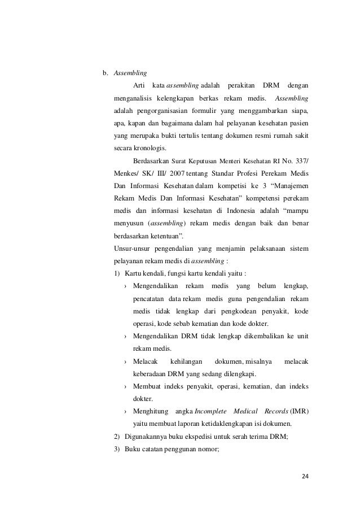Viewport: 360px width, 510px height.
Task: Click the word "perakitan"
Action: click(241, 85)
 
